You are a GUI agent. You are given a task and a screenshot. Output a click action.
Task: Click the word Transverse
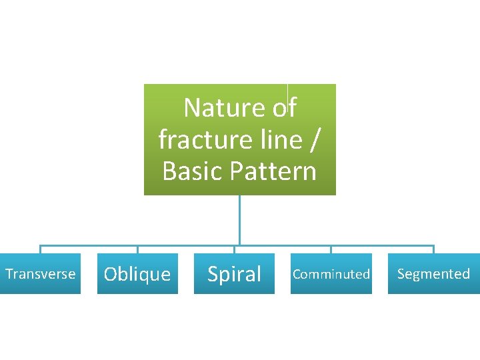(40, 274)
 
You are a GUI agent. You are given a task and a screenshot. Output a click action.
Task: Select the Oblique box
(137, 274)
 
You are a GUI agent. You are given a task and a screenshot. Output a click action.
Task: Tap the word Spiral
(234, 274)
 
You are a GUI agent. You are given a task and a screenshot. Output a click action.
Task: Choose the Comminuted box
(331, 274)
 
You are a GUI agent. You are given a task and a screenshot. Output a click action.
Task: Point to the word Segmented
(433, 274)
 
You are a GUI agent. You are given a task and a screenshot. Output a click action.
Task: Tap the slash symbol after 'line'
(315, 139)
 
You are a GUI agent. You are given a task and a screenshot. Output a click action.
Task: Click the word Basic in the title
(193, 171)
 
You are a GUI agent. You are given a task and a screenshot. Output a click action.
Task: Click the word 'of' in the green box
(284, 107)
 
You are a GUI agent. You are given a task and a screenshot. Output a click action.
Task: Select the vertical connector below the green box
(239, 220)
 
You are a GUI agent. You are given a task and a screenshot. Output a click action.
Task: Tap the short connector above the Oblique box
(137, 249)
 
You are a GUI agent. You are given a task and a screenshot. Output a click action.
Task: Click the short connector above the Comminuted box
(331, 249)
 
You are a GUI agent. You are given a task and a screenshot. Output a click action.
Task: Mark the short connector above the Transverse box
(40, 249)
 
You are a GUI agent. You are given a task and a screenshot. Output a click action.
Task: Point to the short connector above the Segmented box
(433, 249)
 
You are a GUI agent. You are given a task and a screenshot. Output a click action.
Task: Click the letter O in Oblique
(111, 274)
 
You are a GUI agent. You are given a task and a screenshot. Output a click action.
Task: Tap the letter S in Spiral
(213, 274)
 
